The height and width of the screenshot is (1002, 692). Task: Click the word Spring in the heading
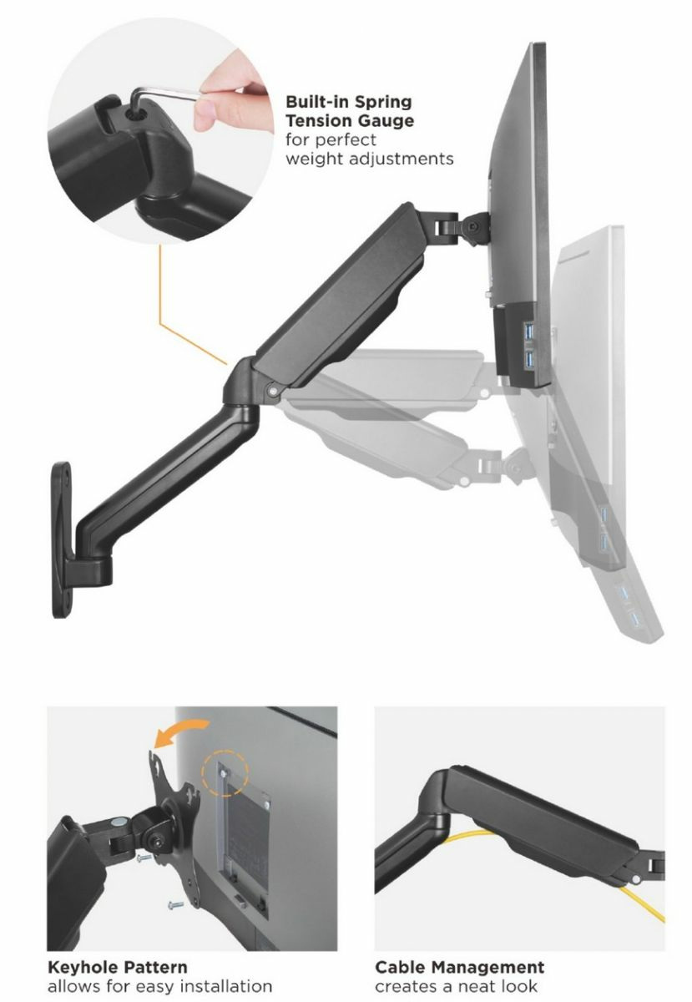click(x=382, y=103)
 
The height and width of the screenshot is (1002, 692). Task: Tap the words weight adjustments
click(x=370, y=159)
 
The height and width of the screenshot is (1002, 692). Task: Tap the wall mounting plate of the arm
click(x=61, y=540)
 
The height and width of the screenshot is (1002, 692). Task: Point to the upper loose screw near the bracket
click(x=144, y=858)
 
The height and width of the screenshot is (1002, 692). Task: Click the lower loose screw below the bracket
click(x=175, y=904)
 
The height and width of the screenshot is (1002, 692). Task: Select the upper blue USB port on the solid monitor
click(x=531, y=332)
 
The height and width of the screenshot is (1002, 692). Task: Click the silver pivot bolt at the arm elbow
click(x=272, y=390)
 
